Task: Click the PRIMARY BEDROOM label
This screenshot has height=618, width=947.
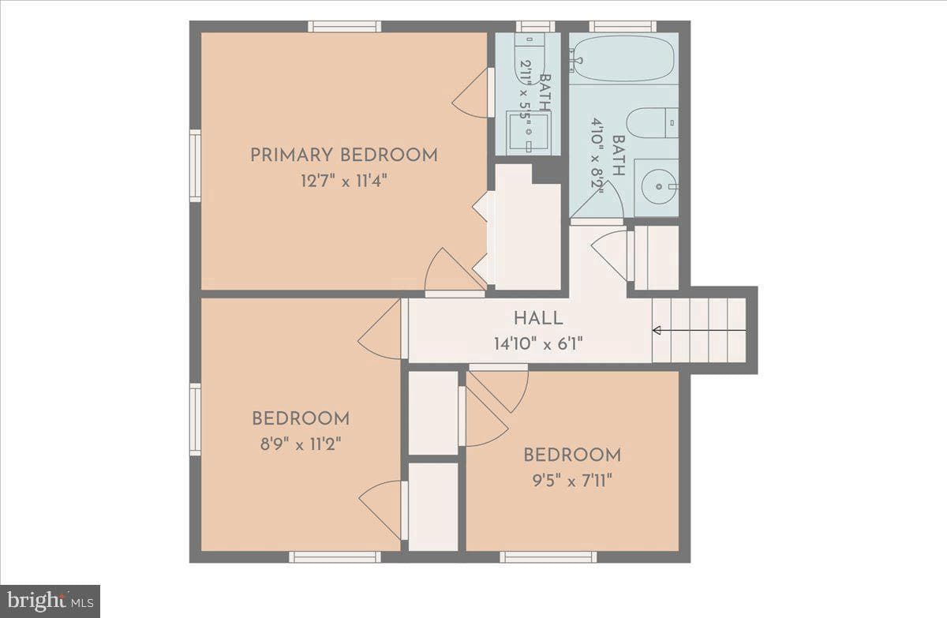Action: point(344,155)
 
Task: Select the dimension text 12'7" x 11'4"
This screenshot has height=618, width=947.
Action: point(344,182)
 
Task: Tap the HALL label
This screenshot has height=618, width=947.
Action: point(538,318)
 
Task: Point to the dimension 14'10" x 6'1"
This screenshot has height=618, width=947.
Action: point(538,344)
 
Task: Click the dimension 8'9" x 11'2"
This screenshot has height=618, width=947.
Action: point(301,444)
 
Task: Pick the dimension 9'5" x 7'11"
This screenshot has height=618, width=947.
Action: point(572,481)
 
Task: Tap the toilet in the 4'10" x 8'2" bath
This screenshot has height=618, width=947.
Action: point(653,122)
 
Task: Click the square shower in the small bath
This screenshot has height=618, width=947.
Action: point(529,132)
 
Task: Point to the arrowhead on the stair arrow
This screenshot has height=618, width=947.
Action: point(657,330)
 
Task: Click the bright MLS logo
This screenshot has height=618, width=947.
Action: point(50,601)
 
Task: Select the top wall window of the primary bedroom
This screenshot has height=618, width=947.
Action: point(345,27)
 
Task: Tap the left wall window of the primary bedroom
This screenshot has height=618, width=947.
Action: point(195,166)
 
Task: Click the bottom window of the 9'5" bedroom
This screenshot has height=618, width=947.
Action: point(548,557)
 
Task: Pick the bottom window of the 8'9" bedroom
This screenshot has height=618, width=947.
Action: point(335,557)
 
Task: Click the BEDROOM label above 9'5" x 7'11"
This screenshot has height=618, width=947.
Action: point(572,455)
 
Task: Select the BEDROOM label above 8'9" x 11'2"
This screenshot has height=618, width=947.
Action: point(301,419)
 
